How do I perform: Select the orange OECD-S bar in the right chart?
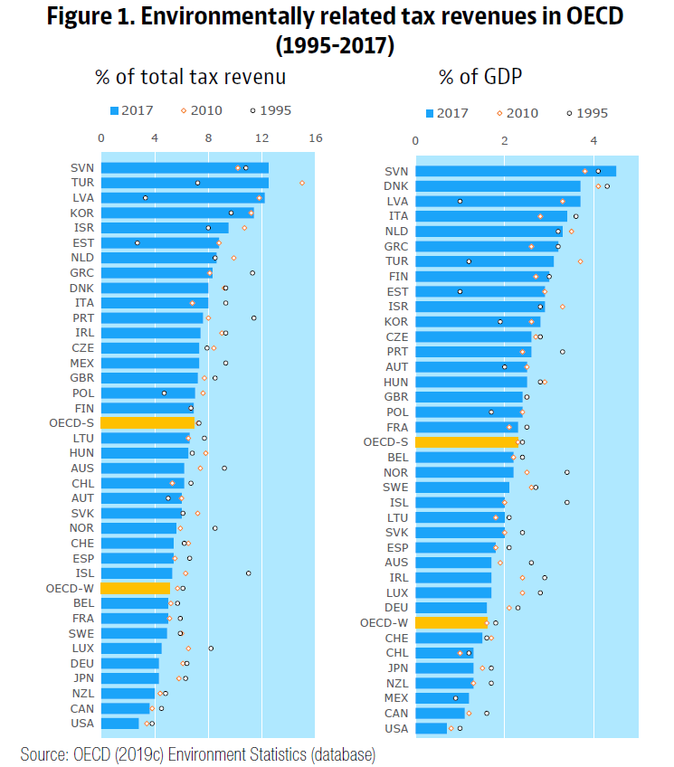(x=467, y=442)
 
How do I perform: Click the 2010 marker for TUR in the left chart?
(x=302, y=183)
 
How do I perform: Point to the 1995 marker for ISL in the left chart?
(x=248, y=573)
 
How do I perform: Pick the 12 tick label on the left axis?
(x=261, y=138)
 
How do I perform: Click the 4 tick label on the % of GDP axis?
(x=593, y=141)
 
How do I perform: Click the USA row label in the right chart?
(x=396, y=728)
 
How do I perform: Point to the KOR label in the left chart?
(x=82, y=213)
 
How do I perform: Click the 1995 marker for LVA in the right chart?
(x=460, y=201)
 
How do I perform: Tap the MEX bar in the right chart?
(x=442, y=698)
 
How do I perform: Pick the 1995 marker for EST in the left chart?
(x=137, y=242)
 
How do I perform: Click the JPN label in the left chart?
(x=82, y=677)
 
